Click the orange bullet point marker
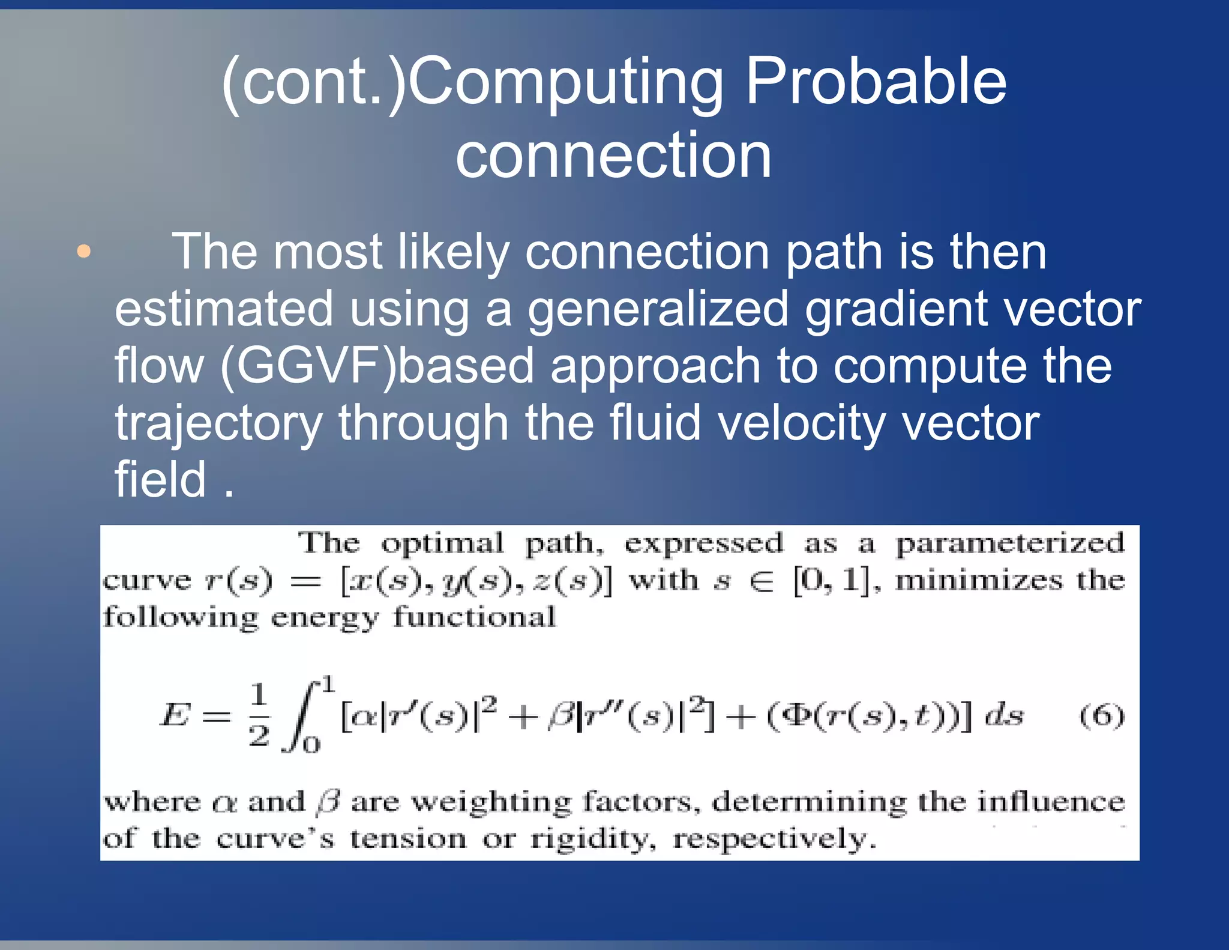point(84,251)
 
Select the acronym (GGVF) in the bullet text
point(308,366)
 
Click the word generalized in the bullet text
point(658,309)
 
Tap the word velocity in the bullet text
point(801,423)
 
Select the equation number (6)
point(1101,716)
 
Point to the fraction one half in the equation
point(259,715)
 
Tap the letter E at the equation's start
point(175,715)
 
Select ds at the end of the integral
point(1004,715)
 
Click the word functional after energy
point(474,617)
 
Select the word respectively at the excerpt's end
point(774,840)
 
